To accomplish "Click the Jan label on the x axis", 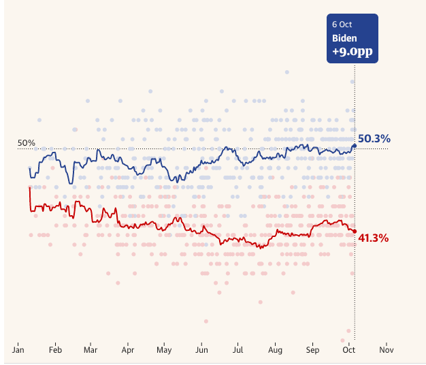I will coord(18,350).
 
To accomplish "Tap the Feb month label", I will coord(55,350).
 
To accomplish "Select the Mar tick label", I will coord(90,350).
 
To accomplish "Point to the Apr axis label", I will coord(127,350).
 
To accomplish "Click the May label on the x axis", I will coord(164,350).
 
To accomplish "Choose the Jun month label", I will coord(201,350).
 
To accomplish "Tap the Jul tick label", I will coord(237,350).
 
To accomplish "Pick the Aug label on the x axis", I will coord(275,350).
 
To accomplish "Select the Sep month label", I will coord(312,350).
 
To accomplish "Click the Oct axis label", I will coord(348,350).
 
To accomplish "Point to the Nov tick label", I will coord(386,350).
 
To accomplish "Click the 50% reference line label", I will coord(27,143).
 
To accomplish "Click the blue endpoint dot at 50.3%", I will coord(354,145).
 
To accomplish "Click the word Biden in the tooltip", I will coord(344,38).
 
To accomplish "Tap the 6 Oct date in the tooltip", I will coord(342,24).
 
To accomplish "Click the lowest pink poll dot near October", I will coord(348,331).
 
